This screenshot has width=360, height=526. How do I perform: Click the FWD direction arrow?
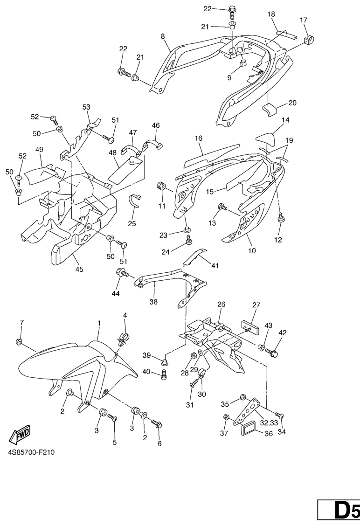(x=19, y=436)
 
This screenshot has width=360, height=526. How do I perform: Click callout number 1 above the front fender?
(x=99, y=323)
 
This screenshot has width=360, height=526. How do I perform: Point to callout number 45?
(x=79, y=269)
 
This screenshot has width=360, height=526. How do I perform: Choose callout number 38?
(x=153, y=302)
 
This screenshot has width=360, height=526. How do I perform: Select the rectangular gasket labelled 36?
(x=249, y=429)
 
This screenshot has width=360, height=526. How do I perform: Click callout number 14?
(x=285, y=120)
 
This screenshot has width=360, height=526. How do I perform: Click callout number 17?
(x=304, y=20)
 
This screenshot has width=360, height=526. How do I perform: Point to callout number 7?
(x=21, y=323)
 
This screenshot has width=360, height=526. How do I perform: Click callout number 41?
(x=215, y=266)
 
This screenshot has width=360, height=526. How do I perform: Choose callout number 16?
(x=198, y=138)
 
